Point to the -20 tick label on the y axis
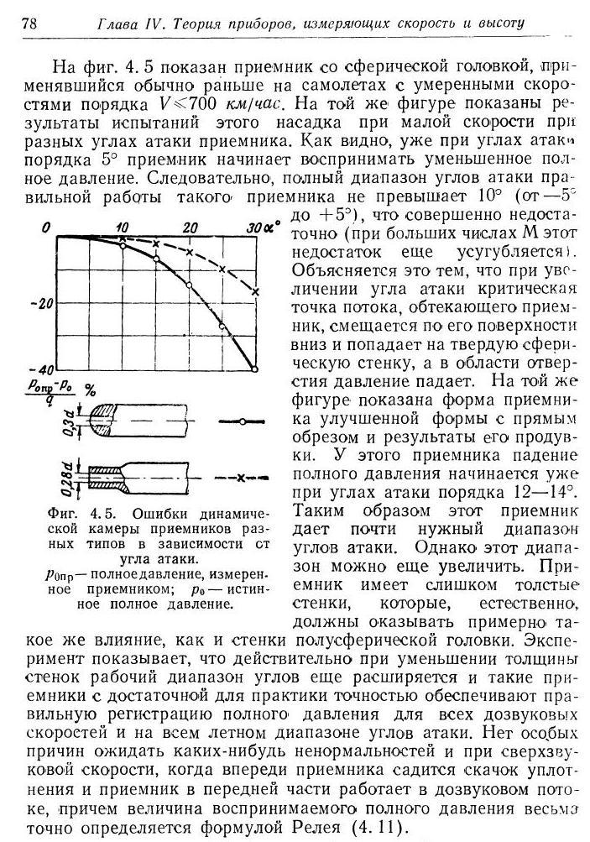click(42, 303)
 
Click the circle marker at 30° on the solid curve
click(255, 368)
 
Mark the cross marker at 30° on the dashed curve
click(255, 291)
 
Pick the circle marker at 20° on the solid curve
click(190, 285)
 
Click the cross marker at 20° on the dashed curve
click(190, 253)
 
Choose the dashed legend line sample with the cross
click(240, 477)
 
